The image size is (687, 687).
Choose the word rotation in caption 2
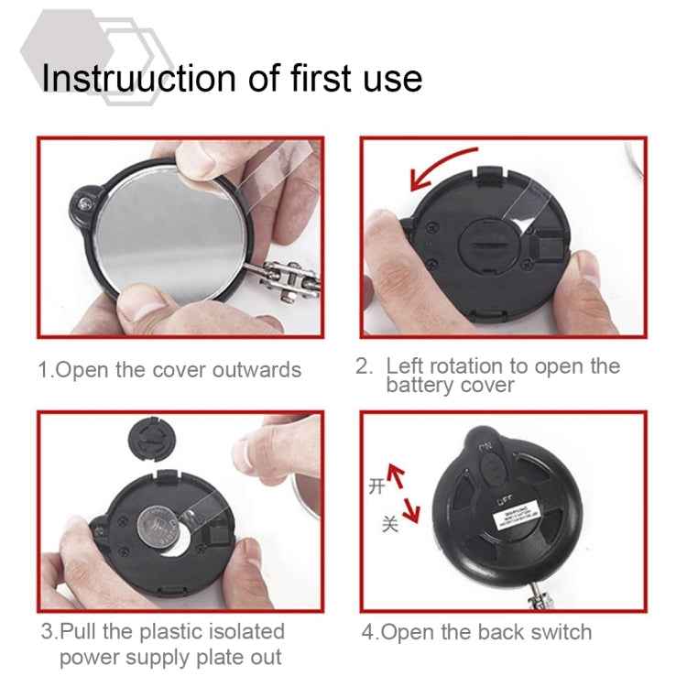pyautogui.click(x=456, y=366)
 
